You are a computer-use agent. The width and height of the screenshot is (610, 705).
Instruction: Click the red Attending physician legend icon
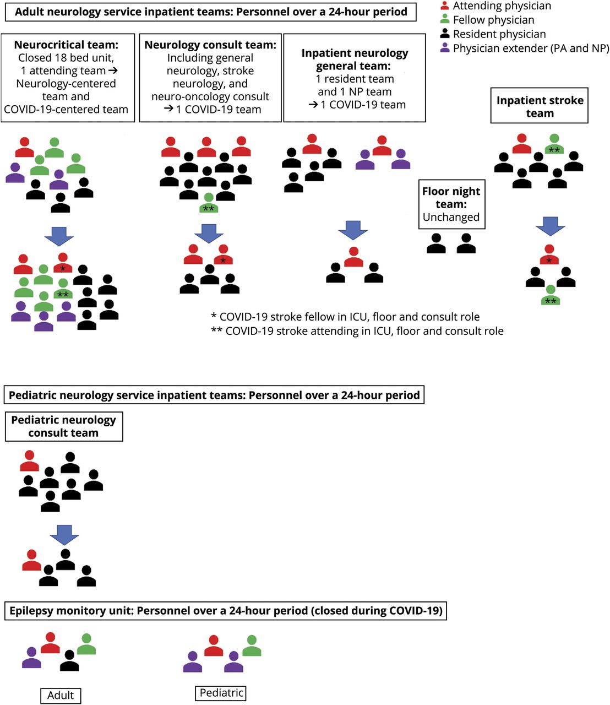tap(445, 6)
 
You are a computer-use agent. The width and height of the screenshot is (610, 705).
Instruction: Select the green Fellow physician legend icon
tap(445, 20)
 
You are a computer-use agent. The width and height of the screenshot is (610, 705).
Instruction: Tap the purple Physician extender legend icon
tap(445, 48)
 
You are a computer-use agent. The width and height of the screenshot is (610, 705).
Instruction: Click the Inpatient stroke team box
tap(540, 106)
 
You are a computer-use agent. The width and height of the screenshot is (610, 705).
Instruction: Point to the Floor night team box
tap(451, 204)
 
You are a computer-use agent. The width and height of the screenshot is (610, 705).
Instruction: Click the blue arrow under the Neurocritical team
tap(59, 235)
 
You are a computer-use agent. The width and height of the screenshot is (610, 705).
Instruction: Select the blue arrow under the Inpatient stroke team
tap(550, 226)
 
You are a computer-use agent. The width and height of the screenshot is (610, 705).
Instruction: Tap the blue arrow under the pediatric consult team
tap(64, 534)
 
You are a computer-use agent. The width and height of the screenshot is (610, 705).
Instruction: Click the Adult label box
tap(61, 695)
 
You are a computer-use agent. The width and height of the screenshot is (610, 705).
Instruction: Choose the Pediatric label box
tap(221, 692)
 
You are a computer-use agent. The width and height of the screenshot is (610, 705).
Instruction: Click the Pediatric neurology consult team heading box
tap(64, 426)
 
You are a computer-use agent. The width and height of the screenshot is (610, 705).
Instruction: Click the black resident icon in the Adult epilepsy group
tap(69, 661)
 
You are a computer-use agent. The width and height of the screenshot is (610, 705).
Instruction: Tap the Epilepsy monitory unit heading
tap(226, 611)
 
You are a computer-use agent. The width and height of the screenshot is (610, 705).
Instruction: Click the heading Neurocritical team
tap(66, 45)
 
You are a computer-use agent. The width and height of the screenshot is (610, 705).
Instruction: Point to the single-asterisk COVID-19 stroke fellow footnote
tap(345, 317)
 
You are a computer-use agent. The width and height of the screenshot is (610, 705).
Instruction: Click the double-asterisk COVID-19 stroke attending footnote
tap(357, 331)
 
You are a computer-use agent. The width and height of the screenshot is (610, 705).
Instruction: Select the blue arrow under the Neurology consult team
tap(209, 233)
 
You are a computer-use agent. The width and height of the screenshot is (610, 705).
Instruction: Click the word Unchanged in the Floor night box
tap(451, 217)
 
